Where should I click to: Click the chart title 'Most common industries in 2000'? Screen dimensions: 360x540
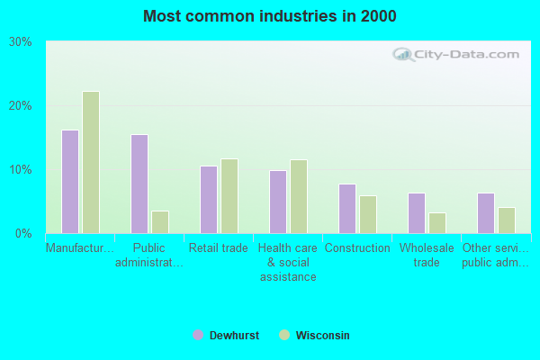tap(269, 16)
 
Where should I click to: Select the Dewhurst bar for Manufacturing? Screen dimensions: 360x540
tap(70, 182)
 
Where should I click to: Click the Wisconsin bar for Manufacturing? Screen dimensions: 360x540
tap(91, 163)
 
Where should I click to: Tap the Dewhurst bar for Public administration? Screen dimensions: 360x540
tap(139, 184)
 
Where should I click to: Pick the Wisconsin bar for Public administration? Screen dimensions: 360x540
tap(160, 222)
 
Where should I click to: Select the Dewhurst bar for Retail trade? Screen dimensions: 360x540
tap(209, 200)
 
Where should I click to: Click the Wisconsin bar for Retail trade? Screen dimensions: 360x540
tap(229, 196)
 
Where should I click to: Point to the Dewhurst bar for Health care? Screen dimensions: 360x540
tap(278, 202)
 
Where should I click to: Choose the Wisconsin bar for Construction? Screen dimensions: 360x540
tap(368, 214)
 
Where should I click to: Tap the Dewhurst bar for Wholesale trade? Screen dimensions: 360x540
tap(417, 213)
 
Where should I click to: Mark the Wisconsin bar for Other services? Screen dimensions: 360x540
tap(507, 220)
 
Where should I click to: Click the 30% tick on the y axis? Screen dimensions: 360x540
tap(21, 41)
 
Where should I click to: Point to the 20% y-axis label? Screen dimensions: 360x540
tap(21, 105)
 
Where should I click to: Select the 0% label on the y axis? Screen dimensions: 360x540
tap(23, 233)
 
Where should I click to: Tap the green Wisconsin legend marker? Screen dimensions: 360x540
tap(284, 336)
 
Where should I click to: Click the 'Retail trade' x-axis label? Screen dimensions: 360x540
tap(219, 248)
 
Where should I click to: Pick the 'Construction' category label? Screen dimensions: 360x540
tap(357, 248)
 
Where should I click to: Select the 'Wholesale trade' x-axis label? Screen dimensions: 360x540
tap(427, 256)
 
